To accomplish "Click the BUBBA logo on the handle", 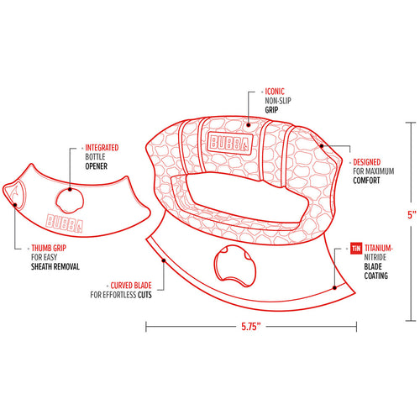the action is point(230,143).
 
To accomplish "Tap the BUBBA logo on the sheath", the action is point(65,223).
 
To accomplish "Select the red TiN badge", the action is point(356,248).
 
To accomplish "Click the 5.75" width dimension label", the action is point(251,327).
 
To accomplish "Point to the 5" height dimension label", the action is point(412,215).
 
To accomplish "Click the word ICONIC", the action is point(275,92).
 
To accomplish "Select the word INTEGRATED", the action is point(102,148).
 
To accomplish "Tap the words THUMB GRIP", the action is point(49,248).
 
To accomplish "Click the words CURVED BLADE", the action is point(131,286).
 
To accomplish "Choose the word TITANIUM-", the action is point(379,248).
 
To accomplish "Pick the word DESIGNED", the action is point(367,162).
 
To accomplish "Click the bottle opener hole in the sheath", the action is point(70,201).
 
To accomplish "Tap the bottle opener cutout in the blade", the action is point(235,266).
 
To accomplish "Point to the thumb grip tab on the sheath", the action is point(16,192).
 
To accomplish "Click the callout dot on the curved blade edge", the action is point(164,260).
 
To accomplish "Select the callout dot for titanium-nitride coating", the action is point(334,287).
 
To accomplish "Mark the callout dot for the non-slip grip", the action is point(249,125).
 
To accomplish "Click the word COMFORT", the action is point(366,181).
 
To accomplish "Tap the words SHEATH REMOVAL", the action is point(55,266).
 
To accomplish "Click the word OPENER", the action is point(97,166).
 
